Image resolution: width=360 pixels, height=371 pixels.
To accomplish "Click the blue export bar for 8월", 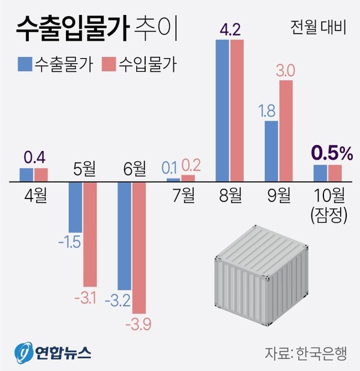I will (222, 110).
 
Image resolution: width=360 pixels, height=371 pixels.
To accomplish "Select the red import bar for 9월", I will (286, 130).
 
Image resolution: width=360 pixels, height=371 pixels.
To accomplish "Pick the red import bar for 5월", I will (90, 234).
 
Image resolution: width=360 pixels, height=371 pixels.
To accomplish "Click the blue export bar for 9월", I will (271, 150).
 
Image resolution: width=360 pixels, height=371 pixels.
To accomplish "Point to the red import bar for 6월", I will (139, 247).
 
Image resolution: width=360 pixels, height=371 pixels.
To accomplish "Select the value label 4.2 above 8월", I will (229, 29).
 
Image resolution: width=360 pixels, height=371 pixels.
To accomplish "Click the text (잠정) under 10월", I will (328, 215).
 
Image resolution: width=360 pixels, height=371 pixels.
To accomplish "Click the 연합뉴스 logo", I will (53, 351).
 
